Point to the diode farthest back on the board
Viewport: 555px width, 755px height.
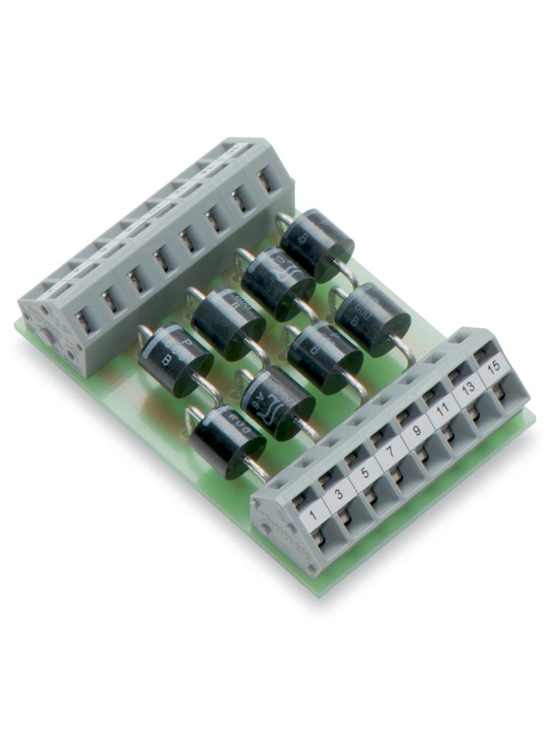click(316, 244)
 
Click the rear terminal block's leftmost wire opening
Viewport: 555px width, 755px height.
click(83, 322)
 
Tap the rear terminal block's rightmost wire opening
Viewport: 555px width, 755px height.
click(264, 181)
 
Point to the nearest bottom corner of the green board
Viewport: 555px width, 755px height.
click(318, 592)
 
